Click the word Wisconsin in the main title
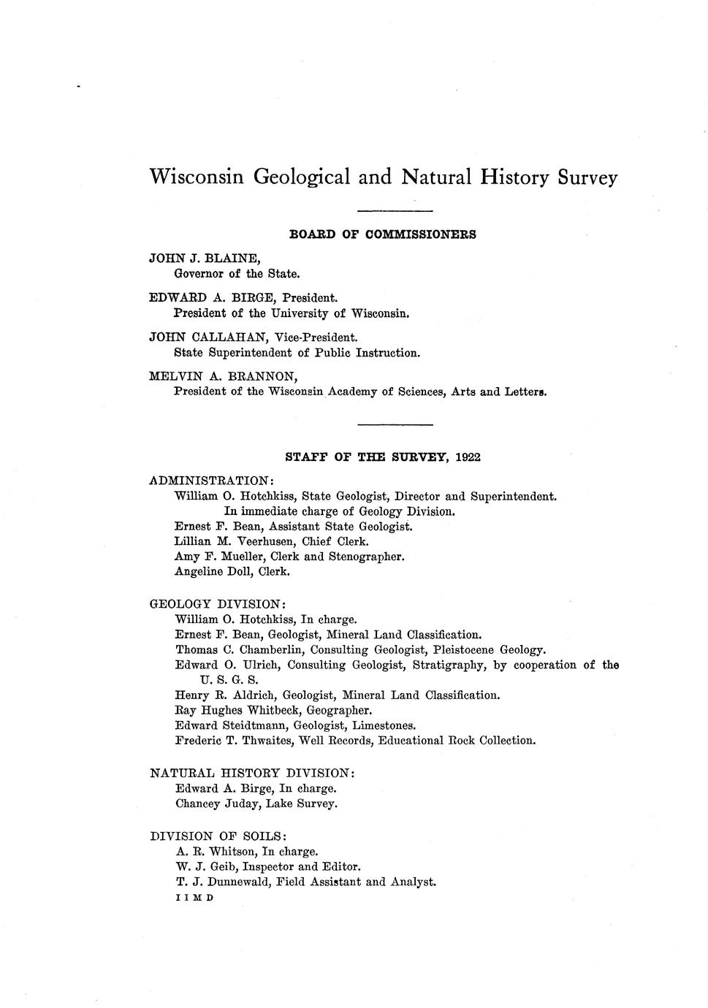click(196, 177)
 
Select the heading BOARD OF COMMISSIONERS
click(383, 234)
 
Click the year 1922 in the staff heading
click(468, 457)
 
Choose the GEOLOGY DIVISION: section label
click(218, 604)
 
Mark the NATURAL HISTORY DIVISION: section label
click(253, 773)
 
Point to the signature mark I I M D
click(194, 898)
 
